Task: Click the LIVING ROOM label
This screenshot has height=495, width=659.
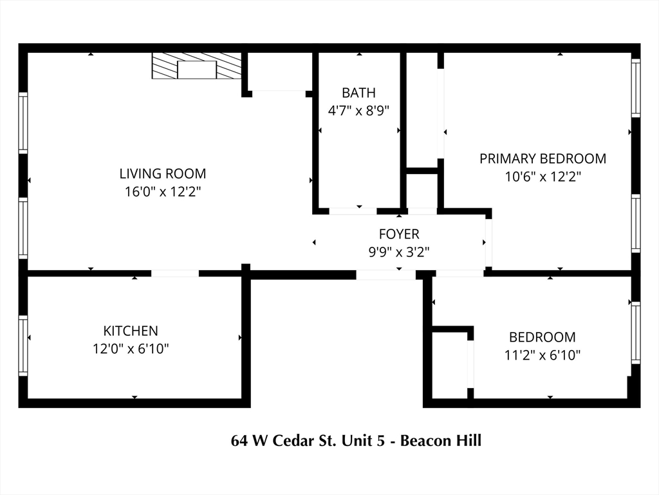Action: point(163,173)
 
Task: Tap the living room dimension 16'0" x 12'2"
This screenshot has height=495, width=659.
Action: point(163,192)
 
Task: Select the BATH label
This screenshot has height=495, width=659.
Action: point(358,93)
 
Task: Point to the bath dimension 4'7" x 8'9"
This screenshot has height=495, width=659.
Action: point(358,111)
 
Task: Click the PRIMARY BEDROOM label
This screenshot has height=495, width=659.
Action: point(543,159)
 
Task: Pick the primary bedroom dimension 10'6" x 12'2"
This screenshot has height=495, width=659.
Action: point(543,177)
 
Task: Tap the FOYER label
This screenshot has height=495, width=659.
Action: point(399,234)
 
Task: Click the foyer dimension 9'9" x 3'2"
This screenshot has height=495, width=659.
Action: point(399,252)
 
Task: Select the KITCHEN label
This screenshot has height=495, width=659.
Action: point(131,331)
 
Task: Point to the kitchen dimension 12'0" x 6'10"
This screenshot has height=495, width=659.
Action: point(131,349)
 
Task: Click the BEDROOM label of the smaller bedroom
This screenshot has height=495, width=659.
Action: point(542,337)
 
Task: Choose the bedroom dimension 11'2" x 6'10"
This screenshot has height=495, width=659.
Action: point(542,355)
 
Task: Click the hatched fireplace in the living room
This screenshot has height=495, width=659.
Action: point(197,66)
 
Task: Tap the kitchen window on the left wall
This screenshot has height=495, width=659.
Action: point(23,345)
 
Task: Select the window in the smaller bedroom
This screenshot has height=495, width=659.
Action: point(636,333)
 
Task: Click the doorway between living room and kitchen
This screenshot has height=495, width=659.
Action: point(175,273)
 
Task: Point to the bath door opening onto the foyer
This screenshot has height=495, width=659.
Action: point(353,211)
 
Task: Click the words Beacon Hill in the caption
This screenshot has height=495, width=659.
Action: point(440,441)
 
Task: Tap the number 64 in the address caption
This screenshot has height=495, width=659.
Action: point(239,441)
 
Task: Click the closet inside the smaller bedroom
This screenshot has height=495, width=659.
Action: point(450,365)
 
